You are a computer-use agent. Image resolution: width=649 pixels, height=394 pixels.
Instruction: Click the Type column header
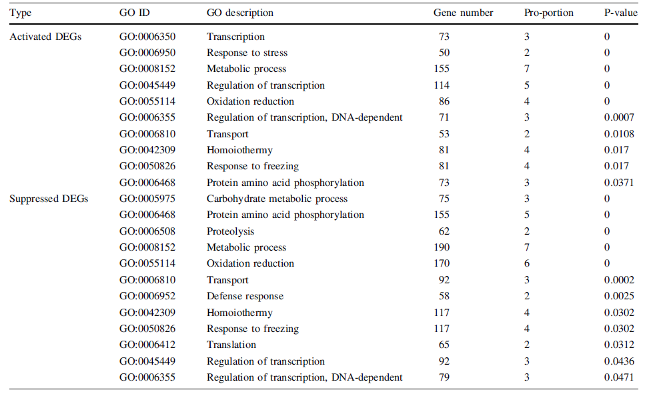20,13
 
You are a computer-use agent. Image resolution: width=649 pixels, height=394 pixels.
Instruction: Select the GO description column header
240,13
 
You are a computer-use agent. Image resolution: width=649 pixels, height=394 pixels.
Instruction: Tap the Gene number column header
463,13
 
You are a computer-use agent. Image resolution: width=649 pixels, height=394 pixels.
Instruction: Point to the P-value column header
620,13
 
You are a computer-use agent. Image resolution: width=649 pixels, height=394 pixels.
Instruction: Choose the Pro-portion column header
549,13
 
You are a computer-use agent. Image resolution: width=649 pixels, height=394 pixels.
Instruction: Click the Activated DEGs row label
45,37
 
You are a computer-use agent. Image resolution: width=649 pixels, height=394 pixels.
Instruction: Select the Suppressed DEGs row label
49,199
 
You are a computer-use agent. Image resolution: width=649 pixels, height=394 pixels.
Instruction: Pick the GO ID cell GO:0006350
147,37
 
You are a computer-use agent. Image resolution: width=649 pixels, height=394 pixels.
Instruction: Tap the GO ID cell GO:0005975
147,199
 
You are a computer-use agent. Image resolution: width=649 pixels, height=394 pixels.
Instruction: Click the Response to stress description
247,53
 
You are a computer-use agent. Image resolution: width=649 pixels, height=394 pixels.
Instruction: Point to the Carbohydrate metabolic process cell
277,199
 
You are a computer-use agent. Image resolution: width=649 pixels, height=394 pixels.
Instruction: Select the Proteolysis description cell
230,231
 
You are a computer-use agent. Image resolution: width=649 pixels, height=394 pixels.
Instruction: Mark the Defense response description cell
245,296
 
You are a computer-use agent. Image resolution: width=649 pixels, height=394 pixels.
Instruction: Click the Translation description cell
231,345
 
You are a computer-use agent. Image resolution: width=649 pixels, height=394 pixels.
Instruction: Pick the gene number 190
442,247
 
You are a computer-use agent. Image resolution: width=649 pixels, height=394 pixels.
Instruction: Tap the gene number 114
442,85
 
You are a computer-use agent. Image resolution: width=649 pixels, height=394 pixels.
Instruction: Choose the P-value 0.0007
619,117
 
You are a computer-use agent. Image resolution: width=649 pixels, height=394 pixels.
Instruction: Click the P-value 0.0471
619,377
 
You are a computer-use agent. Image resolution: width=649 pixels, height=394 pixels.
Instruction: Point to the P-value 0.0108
619,134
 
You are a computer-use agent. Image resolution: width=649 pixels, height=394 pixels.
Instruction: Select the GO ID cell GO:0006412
147,345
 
